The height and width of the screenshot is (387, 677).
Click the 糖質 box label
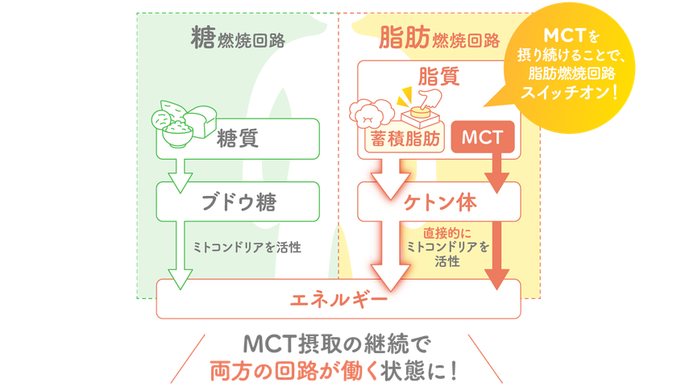click(238, 139)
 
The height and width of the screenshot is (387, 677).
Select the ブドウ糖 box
click(238, 202)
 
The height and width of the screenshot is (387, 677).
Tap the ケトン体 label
click(440, 202)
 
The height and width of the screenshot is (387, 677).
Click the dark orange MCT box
click(483, 137)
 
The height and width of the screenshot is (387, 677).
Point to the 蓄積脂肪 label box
click(405, 139)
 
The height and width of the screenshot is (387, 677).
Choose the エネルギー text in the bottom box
click(339, 299)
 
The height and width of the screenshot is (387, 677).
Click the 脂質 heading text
click(439, 77)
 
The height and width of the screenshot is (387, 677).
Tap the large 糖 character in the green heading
click(203, 37)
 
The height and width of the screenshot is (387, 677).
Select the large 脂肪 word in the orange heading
click(404, 37)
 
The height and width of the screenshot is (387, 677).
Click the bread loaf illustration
click(200, 121)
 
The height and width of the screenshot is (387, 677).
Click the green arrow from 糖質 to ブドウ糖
click(180, 176)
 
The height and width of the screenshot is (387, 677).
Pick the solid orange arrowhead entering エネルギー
click(497, 279)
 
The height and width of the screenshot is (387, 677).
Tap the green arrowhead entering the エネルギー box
click(180, 280)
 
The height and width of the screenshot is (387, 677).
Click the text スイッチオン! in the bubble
click(569, 93)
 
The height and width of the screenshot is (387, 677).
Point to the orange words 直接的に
click(446, 233)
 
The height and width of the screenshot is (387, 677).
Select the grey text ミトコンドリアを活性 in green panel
click(247, 247)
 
